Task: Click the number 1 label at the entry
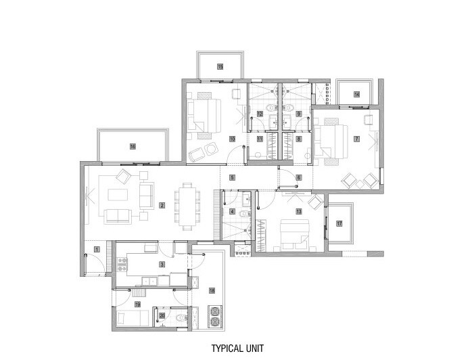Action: tap(97, 249)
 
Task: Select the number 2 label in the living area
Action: tap(162, 204)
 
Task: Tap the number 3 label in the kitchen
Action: tap(162, 263)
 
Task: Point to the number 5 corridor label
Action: tap(232, 177)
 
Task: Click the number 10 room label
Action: tap(232, 139)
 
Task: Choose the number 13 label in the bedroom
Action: tap(298, 212)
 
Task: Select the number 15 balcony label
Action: tap(220, 66)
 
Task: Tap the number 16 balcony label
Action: tap(133, 145)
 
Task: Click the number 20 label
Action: tap(162, 315)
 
